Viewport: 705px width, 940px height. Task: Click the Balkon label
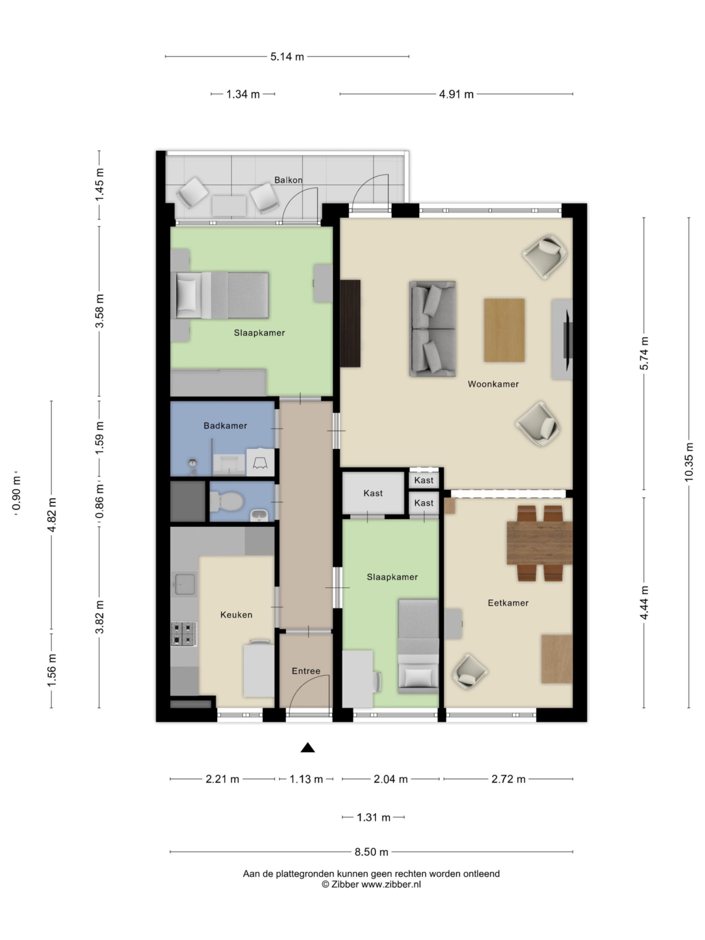click(288, 180)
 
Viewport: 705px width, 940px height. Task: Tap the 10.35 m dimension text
click(688, 462)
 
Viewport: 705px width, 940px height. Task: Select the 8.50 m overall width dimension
click(371, 852)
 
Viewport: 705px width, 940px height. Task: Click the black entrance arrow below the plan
click(307, 747)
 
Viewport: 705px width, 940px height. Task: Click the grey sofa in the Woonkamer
click(432, 329)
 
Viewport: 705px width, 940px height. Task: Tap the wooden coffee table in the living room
click(504, 330)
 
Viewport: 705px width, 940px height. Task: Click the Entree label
click(305, 671)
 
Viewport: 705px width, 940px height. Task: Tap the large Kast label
click(373, 493)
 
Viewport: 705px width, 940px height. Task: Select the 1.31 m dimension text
click(373, 817)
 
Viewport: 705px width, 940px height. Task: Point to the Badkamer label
click(225, 425)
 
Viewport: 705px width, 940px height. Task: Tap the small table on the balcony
click(229, 206)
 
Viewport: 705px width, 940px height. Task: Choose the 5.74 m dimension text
click(644, 353)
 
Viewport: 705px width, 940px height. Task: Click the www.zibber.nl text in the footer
click(390, 884)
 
